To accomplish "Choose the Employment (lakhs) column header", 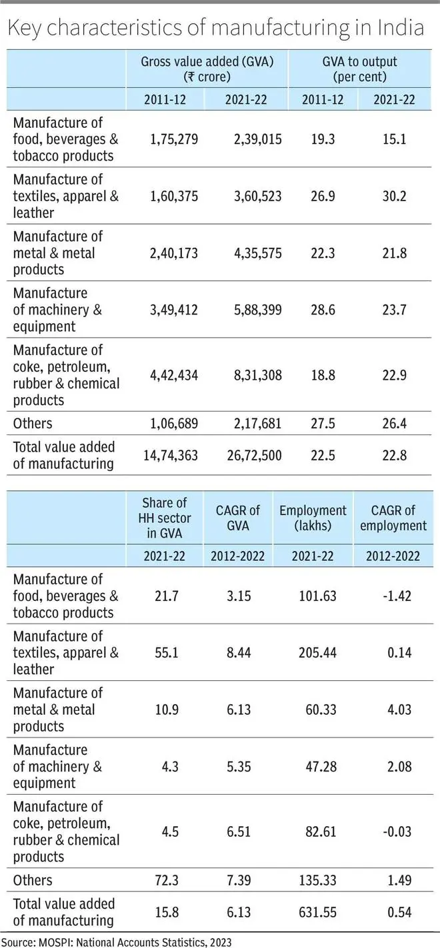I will coord(313,518).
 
